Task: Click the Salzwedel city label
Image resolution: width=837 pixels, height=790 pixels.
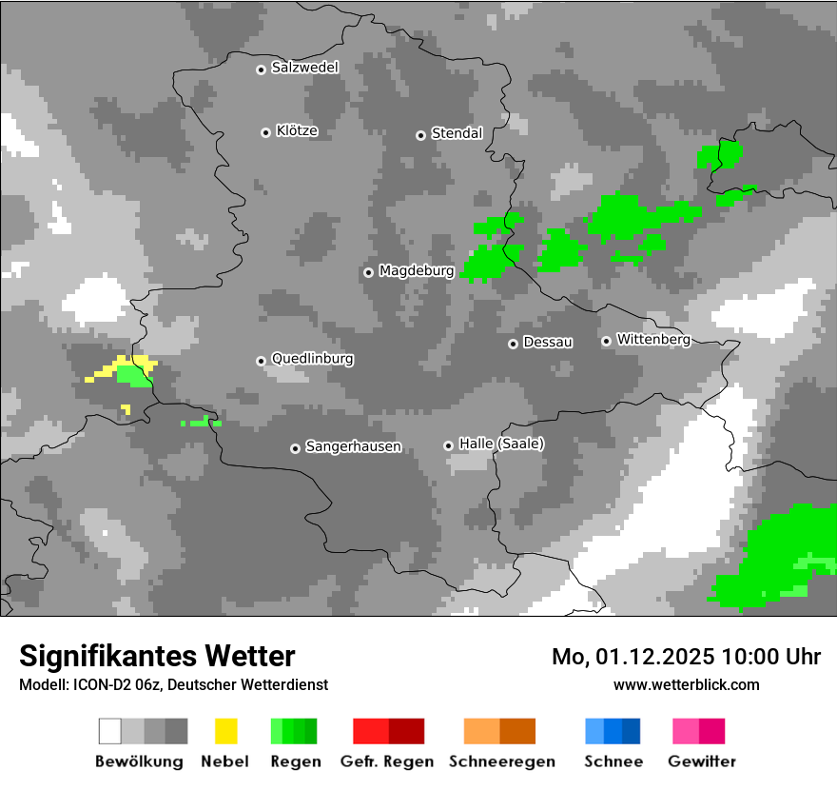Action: (304, 68)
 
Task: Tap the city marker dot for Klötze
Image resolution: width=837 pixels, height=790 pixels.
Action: (265, 132)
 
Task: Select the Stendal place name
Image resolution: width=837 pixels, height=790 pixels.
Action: (457, 133)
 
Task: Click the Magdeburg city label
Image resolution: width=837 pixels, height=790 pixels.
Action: (417, 271)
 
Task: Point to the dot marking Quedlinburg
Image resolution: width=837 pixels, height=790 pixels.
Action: (261, 361)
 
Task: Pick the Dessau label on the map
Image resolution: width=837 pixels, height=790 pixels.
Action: (548, 342)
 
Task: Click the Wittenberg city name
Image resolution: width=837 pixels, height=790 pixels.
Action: (652, 340)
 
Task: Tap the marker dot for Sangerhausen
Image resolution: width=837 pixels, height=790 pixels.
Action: (295, 448)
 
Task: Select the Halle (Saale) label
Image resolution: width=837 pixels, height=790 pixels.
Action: (501, 444)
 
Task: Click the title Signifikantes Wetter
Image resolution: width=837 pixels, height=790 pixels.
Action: (157, 656)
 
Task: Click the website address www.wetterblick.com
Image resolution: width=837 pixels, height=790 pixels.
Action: (686, 684)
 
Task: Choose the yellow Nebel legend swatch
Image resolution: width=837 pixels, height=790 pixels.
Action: (226, 731)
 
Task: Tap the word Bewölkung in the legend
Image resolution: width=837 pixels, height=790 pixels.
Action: (139, 761)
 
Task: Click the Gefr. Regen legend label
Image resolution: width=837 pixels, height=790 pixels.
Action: (387, 761)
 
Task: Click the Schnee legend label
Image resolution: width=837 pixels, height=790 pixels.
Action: (613, 761)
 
